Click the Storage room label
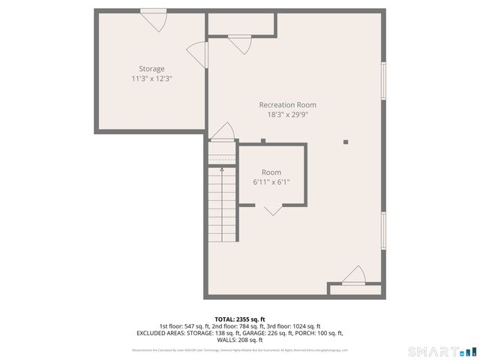coord(151,69)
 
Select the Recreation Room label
coord(287,105)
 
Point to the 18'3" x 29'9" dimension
coord(287,115)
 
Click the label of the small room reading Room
coord(271,172)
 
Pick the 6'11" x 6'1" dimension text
coord(271,181)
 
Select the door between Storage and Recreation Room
coord(197,54)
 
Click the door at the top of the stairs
coord(223,132)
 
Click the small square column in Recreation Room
coord(346,141)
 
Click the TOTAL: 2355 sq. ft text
coord(239,319)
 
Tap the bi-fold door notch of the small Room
coord(272,210)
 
